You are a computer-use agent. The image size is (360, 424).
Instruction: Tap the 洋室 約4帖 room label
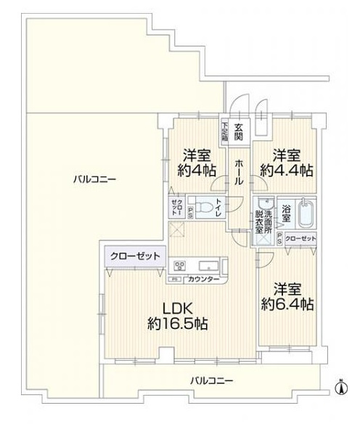(x=197, y=162)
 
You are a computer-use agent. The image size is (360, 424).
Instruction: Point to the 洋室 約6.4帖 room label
(x=288, y=294)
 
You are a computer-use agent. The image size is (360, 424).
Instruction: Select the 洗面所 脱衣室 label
(x=263, y=219)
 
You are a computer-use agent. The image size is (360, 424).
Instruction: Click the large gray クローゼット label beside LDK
(x=131, y=256)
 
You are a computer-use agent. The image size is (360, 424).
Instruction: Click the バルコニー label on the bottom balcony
(x=212, y=380)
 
